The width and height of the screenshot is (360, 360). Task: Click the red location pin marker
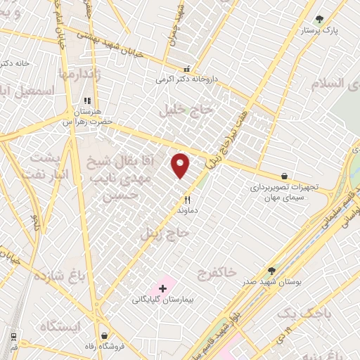click(181, 165)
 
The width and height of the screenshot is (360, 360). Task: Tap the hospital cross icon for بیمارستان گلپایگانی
click(163, 288)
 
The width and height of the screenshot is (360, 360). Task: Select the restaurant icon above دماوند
click(187, 200)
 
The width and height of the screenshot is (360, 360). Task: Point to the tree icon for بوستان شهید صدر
click(272, 271)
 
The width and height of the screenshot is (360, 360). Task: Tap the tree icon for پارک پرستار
click(320, 20)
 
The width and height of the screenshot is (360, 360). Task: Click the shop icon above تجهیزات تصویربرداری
click(284, 176)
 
